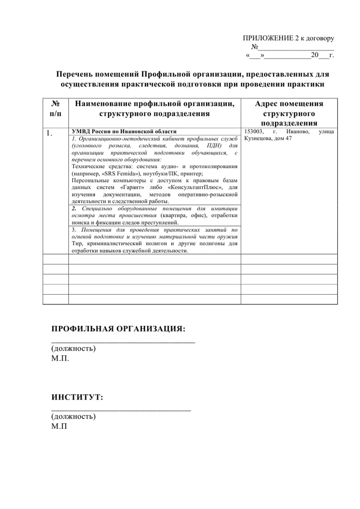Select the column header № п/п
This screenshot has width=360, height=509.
tap(56, 108)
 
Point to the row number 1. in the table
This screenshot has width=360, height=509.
tap(49, 134)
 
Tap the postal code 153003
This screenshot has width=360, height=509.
tap(254, 132)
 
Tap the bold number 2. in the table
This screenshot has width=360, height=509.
tap(74, 209)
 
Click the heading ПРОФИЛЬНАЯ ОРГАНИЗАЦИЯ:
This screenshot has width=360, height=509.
tap(118, 329)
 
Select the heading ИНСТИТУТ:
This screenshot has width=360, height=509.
tap(77, 397)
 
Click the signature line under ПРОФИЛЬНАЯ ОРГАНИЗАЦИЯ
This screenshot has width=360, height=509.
tap(123, 341)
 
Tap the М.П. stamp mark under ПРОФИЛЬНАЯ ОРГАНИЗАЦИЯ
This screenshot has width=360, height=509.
tap(60, 358)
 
